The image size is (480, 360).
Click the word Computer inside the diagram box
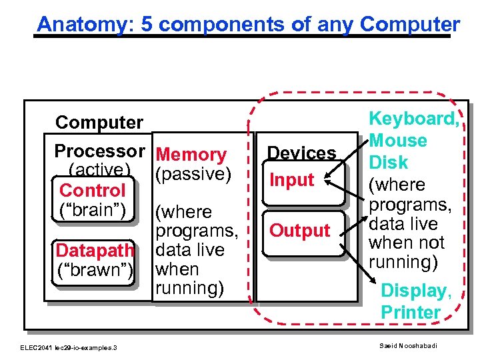coord(99,123)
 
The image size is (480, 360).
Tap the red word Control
coord(92,191)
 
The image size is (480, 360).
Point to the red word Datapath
coord(95,251)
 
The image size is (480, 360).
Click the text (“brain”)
coord(94,209)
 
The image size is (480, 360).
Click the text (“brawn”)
coord(95,269)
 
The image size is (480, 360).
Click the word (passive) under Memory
coord(192,174)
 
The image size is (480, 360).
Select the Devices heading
coord(302,153)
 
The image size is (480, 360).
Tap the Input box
coord(292,180)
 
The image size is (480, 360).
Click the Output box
coord(299,231)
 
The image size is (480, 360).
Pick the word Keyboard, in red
coord(413,119)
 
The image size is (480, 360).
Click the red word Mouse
coord(398,141)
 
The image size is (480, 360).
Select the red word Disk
coord(388,163)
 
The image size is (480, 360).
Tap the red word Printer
coord(411,312)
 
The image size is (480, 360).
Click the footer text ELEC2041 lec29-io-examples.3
coord(68,347)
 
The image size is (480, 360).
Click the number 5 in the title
coord(150,25)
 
